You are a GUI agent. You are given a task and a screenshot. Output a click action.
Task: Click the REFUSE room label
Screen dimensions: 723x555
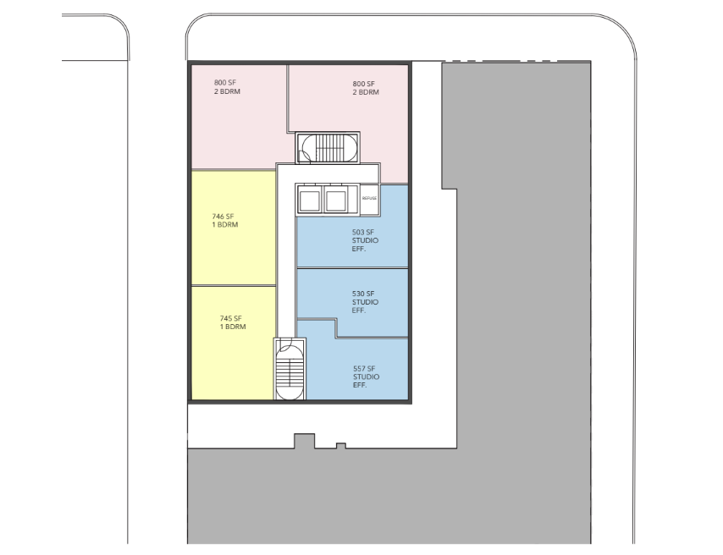click(369, 198)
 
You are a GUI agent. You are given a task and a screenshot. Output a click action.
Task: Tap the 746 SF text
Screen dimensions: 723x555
click(224, 217)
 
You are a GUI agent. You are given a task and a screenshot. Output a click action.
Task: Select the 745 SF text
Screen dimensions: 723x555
click(231, 318)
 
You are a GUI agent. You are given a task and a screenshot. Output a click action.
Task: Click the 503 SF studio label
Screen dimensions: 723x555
click(365, 240)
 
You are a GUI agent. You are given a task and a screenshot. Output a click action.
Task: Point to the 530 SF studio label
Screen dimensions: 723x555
click(365, 301)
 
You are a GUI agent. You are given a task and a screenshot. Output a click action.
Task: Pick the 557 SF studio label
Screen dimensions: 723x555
click(366, 376)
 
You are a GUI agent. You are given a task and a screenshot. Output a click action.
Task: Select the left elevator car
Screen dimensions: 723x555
click(310, 200)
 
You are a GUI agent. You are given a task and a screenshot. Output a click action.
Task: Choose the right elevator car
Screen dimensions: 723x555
click(335, 200)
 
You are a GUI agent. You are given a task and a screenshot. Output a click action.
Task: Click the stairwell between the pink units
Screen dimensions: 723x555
click(328, 147)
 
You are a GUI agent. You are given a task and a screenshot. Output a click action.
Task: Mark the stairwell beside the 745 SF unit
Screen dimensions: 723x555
click(290, 369)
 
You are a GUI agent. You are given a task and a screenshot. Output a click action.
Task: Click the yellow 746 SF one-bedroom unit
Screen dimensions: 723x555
click(234, 228)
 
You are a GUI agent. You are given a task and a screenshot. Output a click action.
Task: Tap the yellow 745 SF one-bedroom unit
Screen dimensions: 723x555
click(234, 343)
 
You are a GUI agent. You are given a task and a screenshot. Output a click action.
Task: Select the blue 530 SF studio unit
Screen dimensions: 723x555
click(353, 302)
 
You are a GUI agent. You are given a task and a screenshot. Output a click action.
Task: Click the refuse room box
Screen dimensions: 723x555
click(370, 200)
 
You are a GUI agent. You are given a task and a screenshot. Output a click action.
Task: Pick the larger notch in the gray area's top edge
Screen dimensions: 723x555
click(305, 441)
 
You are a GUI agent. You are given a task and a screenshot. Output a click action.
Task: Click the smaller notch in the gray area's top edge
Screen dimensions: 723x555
click(340, 446)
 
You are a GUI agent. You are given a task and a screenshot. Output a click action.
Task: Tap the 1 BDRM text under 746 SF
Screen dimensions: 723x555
click(225, 225)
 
